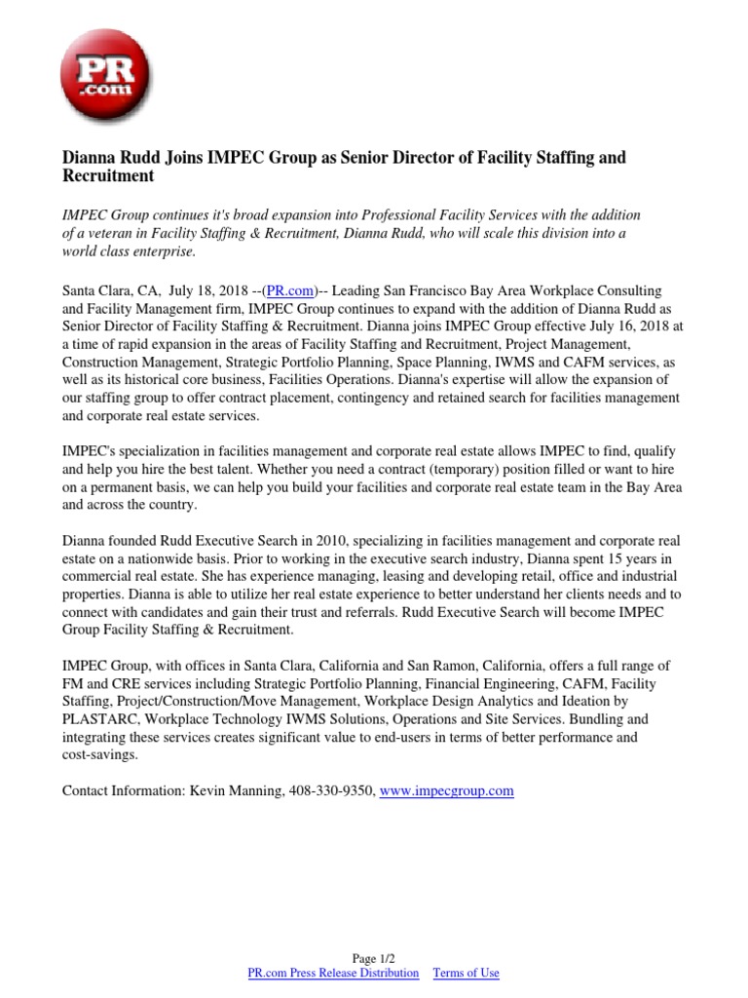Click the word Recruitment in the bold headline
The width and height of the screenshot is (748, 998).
[x=108, y=176]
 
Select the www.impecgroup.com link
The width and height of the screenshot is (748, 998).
[x=445, y=791]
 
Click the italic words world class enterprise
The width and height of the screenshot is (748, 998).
[x=129, y=251]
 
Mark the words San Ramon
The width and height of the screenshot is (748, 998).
[x=476, y=666]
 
